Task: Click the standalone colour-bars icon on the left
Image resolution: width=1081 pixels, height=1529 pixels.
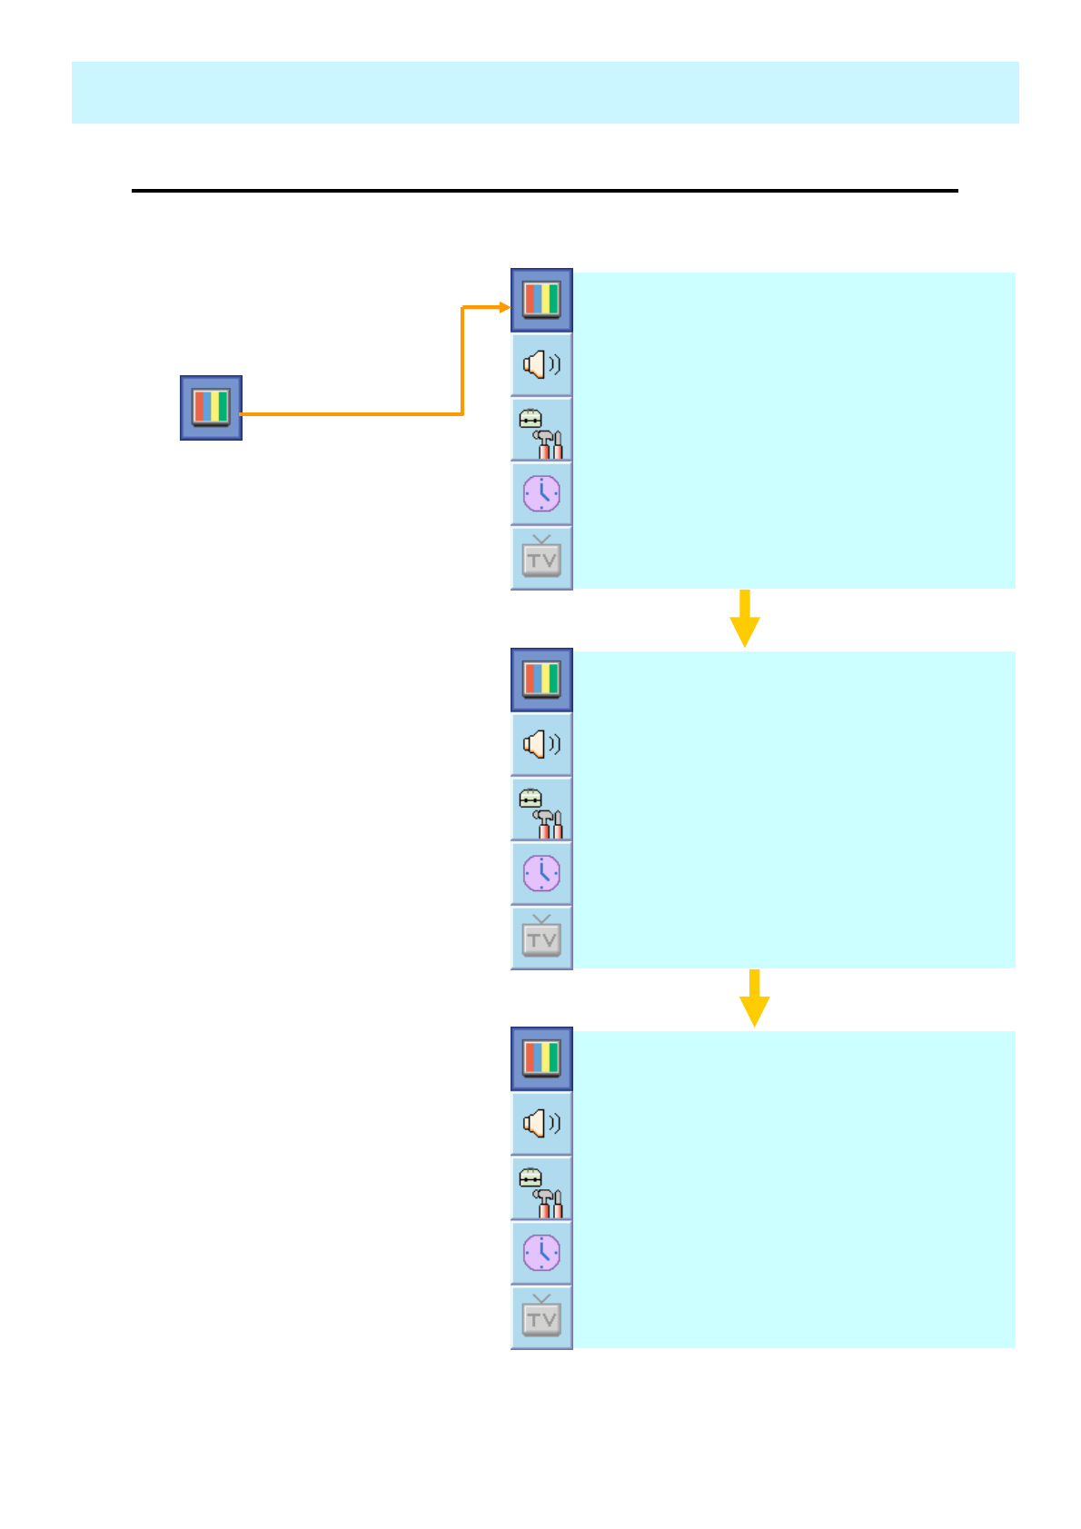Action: click(x=211, y=408)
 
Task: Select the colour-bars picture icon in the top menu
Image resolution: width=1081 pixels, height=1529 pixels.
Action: click(x=541, y=300)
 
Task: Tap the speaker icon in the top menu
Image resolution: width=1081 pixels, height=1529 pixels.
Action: click(x=541, y=365)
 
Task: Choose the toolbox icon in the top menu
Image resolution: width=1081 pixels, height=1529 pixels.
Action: click(x=541, y=431)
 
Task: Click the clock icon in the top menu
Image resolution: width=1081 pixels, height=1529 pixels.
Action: click(x=541, y=494)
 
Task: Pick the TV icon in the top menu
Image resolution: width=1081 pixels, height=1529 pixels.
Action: click(x=541, y=558)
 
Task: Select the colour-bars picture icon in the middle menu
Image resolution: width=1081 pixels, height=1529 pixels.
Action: click(x=541, y=680)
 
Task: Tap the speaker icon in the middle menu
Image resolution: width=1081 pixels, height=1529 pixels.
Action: click(x=541, y=745)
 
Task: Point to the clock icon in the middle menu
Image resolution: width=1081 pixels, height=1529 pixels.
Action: click(x=541, y=874)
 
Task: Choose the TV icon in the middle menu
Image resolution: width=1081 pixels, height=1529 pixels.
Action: click(x=541, y=938)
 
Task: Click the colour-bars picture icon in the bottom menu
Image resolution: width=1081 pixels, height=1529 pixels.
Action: click(x=541, y=1058)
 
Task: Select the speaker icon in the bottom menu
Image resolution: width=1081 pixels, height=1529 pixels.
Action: click(x=541, y=1124)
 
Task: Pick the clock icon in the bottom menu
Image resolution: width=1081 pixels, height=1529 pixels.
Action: click(x=541, y=1253)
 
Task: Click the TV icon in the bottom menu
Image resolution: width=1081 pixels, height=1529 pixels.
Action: click(x=541, y=1317)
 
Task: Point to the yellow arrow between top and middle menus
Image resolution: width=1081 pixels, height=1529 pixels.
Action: click(x=745, y=620)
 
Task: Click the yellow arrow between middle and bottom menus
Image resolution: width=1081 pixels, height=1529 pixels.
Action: click(x=754, y=999)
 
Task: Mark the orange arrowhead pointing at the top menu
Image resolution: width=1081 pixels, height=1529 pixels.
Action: click(x=505, y=307)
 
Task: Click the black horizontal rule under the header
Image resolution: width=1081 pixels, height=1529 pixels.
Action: click(x=545, y=191)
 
